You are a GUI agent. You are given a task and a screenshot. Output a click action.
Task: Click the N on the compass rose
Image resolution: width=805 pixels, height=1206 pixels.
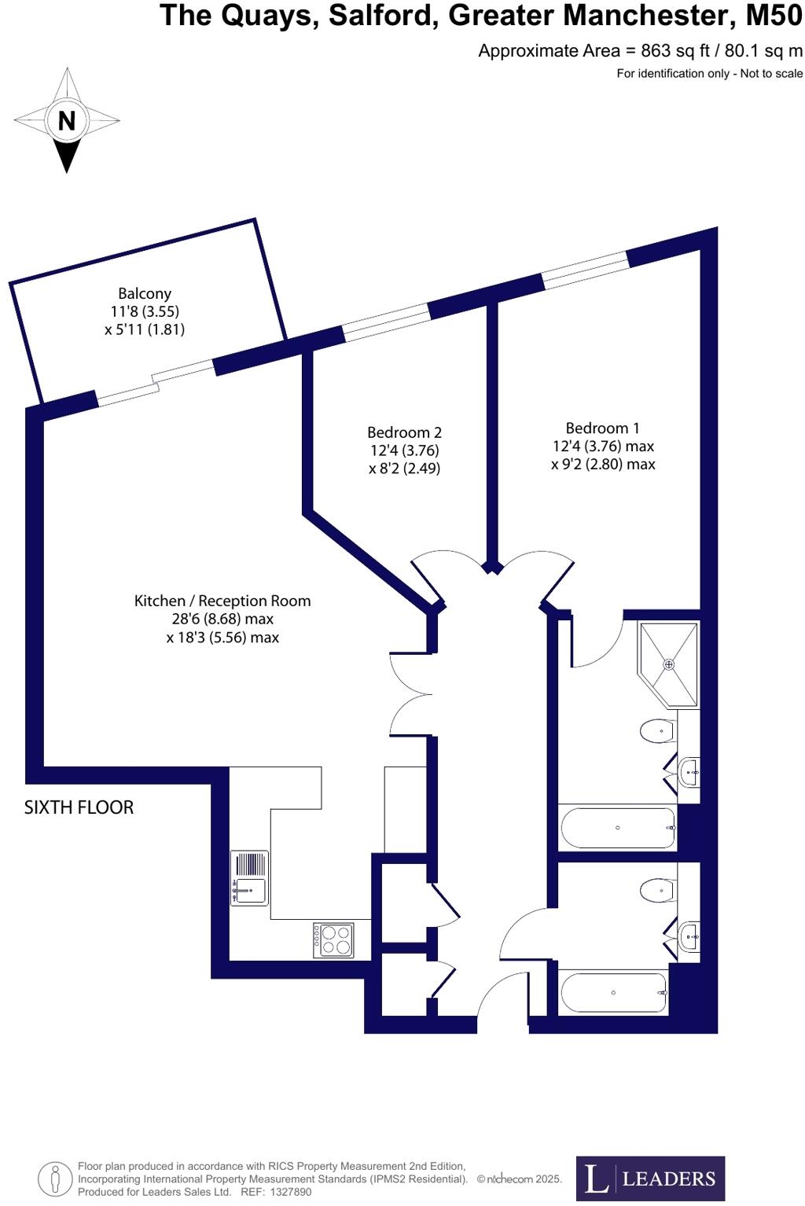coord(67,121)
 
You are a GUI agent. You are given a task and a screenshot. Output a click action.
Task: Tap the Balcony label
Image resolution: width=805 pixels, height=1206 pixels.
coord(145,294)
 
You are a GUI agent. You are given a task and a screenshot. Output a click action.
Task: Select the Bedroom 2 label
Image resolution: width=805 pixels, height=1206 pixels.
coord(404,432)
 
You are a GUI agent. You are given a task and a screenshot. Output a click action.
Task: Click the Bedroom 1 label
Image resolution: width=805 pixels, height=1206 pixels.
coord(602,428)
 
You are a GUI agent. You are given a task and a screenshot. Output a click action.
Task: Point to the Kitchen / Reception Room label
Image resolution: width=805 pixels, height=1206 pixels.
coord(222,601)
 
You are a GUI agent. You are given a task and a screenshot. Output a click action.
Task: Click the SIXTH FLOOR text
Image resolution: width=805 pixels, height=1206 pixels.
coord(79,807)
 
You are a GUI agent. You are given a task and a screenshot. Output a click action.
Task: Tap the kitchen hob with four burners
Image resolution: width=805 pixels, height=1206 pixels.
coord(333,939)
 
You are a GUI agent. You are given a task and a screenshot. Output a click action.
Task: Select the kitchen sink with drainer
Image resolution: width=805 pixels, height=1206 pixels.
coord(249,877)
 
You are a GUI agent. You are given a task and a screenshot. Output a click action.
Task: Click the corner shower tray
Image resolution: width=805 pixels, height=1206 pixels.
coord(669,664)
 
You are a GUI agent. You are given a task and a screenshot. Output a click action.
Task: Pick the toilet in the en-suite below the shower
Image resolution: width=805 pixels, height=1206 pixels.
coord(657,732)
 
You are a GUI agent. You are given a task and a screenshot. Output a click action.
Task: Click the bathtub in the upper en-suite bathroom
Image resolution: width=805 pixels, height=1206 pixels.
coord(618,828)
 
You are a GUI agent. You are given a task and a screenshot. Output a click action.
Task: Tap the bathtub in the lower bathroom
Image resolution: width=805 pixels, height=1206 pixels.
coord(613,992)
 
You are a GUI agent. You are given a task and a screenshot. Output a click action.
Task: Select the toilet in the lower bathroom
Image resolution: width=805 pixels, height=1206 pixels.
coord(657,890)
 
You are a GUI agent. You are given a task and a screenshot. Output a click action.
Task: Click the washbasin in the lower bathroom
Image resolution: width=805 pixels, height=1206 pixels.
coord(689,936)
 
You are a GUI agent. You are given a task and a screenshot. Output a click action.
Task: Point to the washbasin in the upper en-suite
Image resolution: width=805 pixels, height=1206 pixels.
coord(689,772)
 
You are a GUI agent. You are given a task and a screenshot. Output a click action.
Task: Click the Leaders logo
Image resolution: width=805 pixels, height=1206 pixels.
coord(650,1178)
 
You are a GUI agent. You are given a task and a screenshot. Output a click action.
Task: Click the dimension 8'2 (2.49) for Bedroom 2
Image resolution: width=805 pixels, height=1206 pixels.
coord(404,469)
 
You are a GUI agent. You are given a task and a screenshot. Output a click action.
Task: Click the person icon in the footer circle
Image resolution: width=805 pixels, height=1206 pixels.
coord(55,1178)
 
